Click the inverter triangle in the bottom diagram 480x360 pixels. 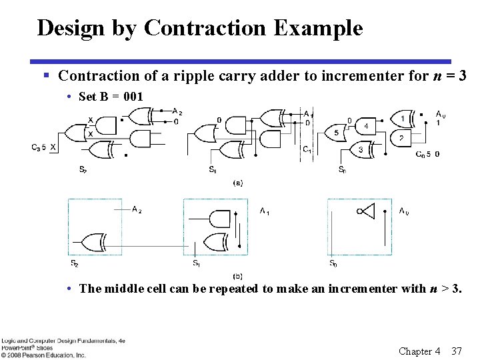click(367, 211)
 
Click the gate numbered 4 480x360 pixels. click(365, 125)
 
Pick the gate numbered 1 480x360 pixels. click(403, 119)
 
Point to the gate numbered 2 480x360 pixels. click(401, 139)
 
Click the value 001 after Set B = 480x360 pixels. click(133, 97)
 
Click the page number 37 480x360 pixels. click(456, 351)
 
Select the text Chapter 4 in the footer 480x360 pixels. click(419, 351)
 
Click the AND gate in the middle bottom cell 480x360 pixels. click(221, 219)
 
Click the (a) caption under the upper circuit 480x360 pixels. click(237, 182)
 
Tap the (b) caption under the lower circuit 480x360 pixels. click(237, 275)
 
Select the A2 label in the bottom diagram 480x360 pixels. click(137, 210)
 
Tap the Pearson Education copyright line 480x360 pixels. click(43, 355)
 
